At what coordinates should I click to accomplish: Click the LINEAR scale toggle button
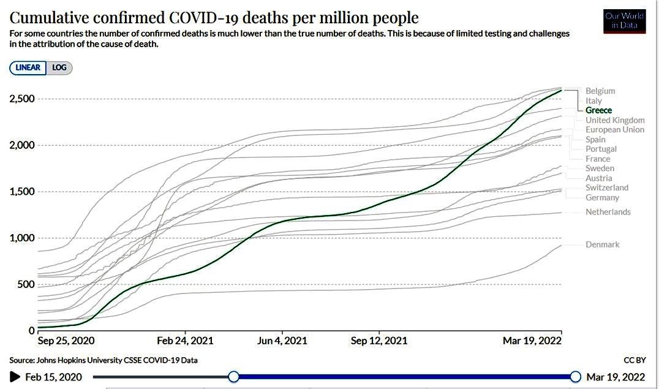(28, 68)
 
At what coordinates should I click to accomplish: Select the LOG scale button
(59, 68)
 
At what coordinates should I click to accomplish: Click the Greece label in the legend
(598, 110)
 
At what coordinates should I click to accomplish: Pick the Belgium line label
(600, 91)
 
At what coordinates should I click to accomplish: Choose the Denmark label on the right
(602, 244)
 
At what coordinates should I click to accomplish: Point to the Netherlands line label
(608, 212)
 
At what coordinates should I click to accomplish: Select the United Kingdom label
(615, 120)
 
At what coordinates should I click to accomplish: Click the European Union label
(615, 130)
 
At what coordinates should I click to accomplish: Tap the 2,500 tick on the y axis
(22, 99)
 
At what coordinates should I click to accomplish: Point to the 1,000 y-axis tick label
(22, 238)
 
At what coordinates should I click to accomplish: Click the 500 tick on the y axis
(26, 284)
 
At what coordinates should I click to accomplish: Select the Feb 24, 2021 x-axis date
(185, 341)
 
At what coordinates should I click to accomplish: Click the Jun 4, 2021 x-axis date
(282, 341)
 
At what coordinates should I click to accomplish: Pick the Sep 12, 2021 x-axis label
(378, 341)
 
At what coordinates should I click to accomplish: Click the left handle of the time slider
(233, 376)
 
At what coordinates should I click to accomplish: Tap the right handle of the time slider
(575, 376)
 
